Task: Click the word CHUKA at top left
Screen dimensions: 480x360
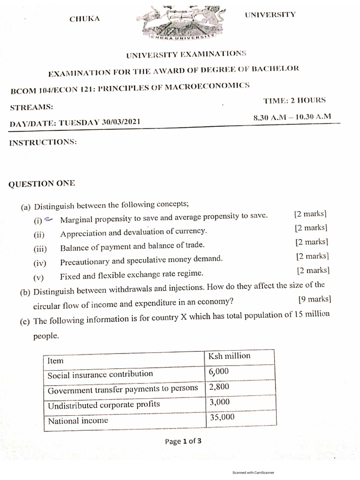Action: pyautogui.click(x=85, y=19)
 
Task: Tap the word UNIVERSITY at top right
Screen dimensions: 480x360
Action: pyautogui.click(x=270, y=15)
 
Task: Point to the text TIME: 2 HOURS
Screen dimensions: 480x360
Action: pyautogui.click(x=294, y=100)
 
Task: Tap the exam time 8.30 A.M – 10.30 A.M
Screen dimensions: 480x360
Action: pyautogui.click(x=292, y=117)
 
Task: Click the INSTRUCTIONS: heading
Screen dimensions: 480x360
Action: pyautogui.click(x=43, y=142)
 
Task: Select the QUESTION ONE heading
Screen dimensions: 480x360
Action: pyautogui.click(x=42, y=183)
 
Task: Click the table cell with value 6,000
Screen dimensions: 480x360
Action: pyautogui.click(x=219, y=372)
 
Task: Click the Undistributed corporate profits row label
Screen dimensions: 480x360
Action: pyautogui.click(x=104, y=405)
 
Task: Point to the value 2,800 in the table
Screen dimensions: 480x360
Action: pyautogui.click(x=219, y=387)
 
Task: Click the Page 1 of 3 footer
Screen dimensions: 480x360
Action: pyautogui.click(x=183, y=441)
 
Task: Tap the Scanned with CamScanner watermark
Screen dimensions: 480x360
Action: pyautogui.click(x=253, y=473)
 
